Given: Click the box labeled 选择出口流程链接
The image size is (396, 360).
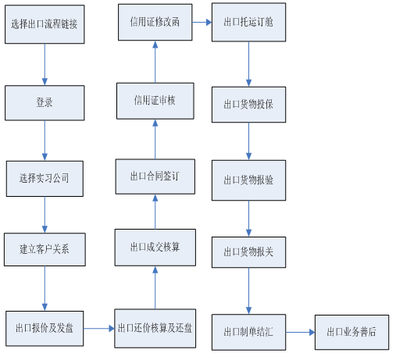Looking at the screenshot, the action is tap(45, 24).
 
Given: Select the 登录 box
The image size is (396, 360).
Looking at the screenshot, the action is tap(45, 103).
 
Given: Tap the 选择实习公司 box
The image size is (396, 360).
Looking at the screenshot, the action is tap(45, 179).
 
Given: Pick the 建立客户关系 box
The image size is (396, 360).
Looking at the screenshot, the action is tap(45, 249).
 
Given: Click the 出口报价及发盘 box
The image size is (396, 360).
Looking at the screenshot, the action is tap(45, 329).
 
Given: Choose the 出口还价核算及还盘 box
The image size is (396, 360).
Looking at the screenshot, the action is tap(155, 329).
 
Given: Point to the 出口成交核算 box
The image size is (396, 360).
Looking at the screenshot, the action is tap(155, 248).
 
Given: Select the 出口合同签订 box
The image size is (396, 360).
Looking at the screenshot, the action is tap(155, 176).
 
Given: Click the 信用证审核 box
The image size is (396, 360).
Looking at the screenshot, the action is tap(155, 101).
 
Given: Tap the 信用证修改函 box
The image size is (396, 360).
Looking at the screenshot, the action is tap(155, 22).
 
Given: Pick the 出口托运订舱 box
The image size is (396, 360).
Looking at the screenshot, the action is tap(248, 22).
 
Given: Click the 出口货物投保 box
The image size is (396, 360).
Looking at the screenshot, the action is tap(248, 105).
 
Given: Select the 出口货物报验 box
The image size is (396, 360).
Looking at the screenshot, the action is tap(248, 180).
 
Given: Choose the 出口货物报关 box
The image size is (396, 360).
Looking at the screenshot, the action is tap(248, 252).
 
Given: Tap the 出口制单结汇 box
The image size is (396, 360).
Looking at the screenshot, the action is tap(248, 332).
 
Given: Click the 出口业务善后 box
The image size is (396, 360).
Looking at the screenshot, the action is tap(351, 332).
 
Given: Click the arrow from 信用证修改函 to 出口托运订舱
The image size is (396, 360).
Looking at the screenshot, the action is tap(202, 23).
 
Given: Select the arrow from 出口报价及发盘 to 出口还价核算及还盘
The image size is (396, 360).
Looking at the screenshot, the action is tap(99, 329).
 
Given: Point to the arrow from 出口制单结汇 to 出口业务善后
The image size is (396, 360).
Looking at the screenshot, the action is tap(300, 332).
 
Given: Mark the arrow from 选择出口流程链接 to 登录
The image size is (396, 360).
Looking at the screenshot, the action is tap(45, 65).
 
